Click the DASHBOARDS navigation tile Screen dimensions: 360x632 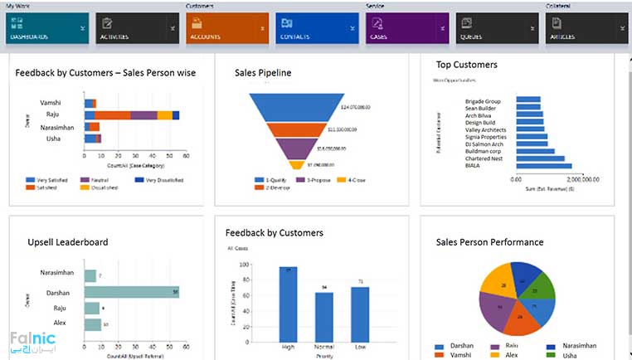(x=46, y=28)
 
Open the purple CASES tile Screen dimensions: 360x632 (x=401, y=28)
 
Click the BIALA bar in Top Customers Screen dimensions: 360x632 (x=544, y=166)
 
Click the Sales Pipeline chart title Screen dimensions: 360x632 (x=263, y=73)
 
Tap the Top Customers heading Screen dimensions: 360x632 (x=466, y=64)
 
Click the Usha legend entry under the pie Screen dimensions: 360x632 (x=563, y=354)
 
